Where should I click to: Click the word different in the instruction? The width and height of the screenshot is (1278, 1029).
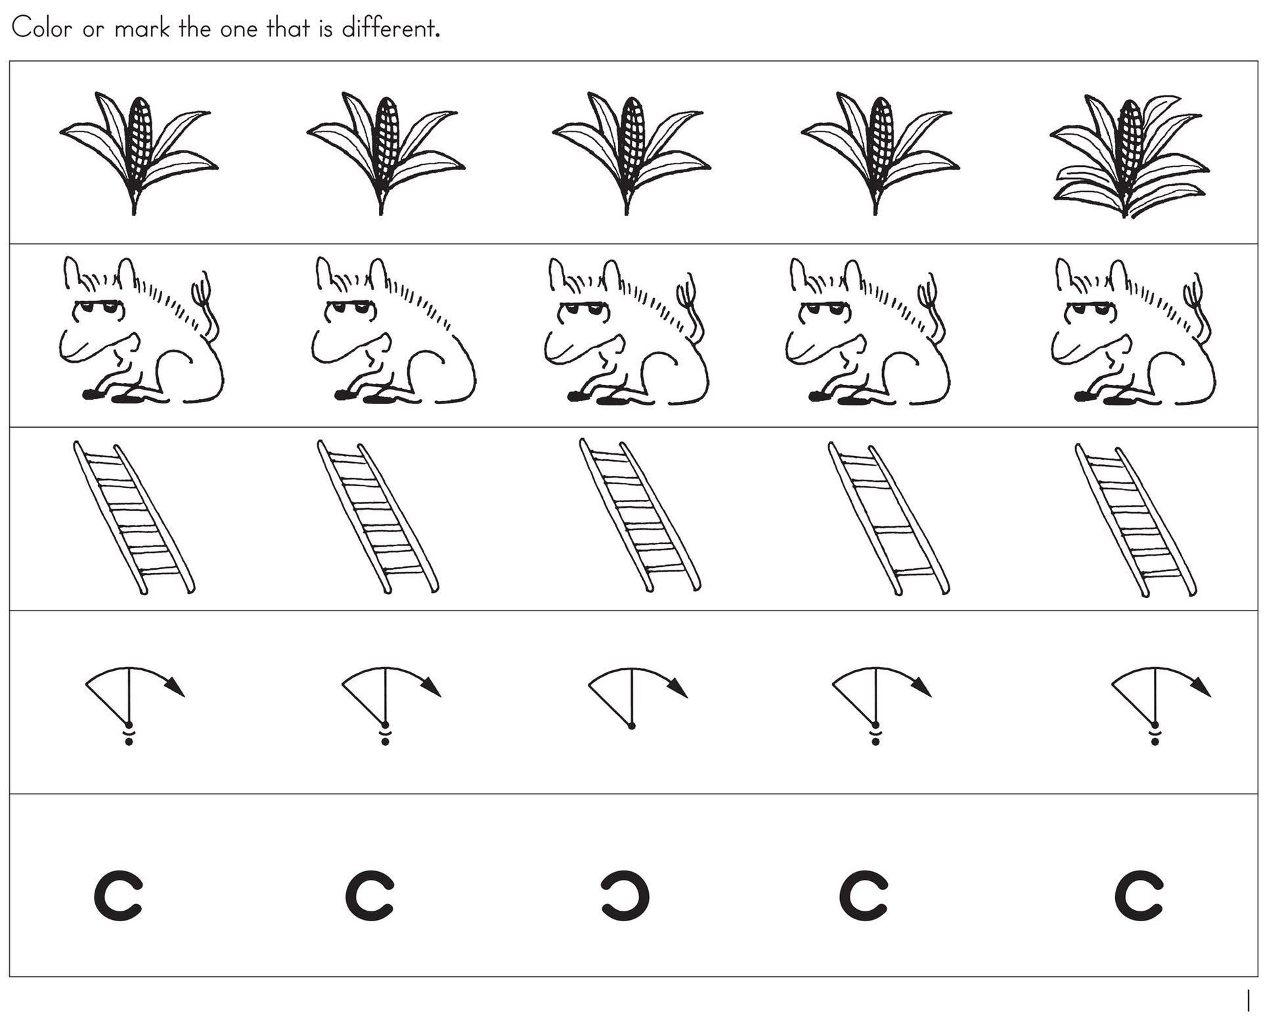pos(390,28)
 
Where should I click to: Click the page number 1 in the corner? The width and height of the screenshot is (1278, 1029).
pos(1248,1001)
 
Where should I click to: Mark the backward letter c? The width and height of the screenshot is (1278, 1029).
pos(625,895)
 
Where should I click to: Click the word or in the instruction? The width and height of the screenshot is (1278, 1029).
pos(93,31)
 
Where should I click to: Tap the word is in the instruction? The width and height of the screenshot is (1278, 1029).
pos(326,28)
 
